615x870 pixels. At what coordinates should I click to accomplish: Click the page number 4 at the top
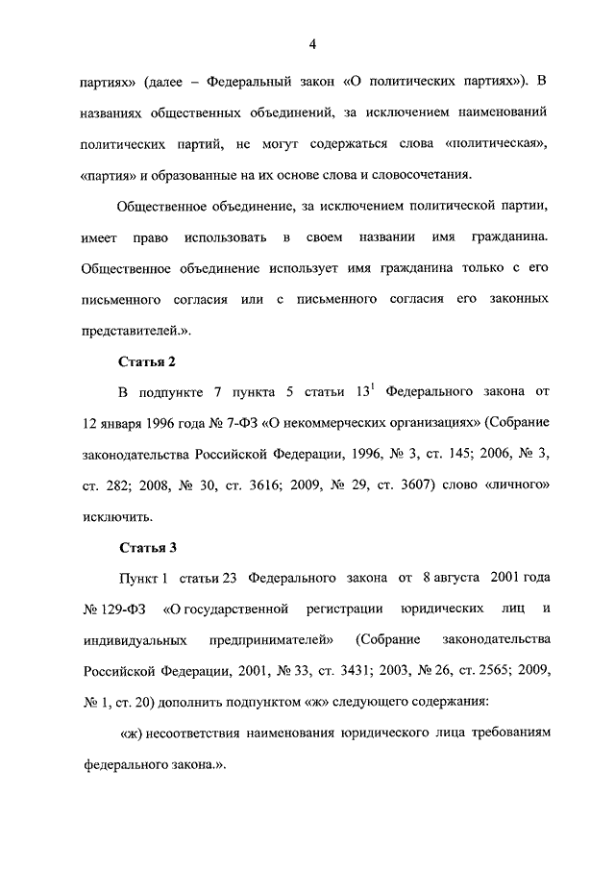[x=313, y=42]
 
